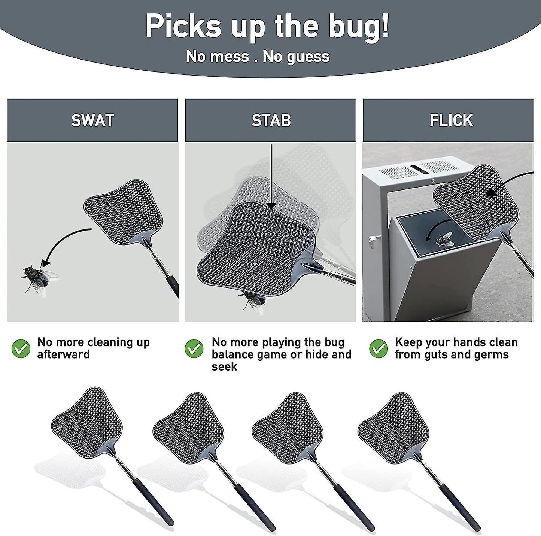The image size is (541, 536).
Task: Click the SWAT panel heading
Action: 92,120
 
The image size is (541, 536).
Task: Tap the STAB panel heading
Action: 271,120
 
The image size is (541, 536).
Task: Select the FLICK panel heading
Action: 451,120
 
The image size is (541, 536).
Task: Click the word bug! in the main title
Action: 359,27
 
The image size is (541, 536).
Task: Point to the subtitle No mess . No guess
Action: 258,57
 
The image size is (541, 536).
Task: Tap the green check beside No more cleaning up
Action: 21,349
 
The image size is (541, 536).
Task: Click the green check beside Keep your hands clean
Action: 379,349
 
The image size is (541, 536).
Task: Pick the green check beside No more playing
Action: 194,349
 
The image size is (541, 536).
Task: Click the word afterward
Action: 63,354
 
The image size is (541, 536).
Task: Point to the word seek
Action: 224,367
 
